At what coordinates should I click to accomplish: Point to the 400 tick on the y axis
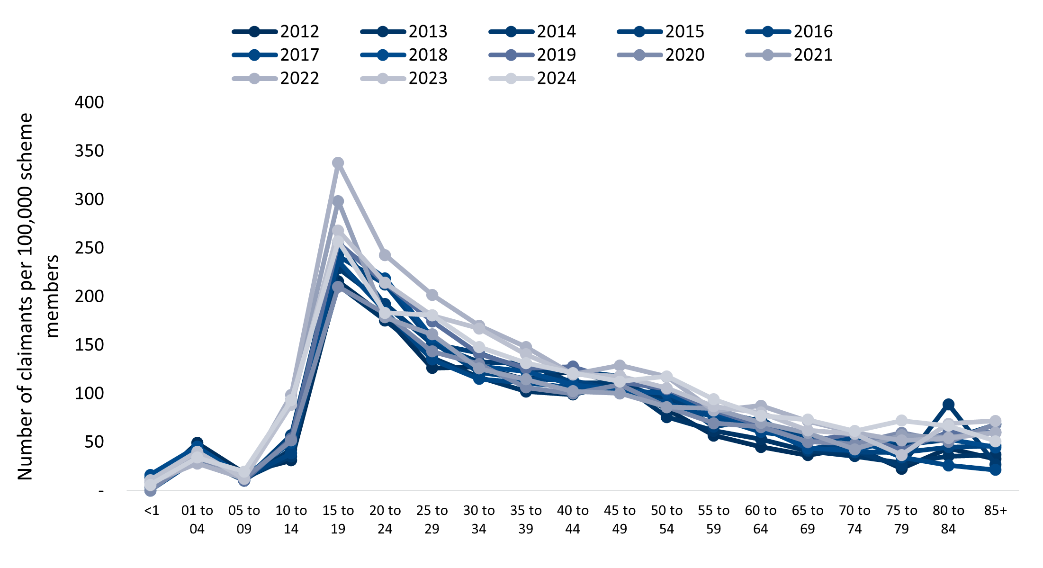[x=89, y=102]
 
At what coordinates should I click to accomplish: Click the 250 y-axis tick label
[x=89, y=248]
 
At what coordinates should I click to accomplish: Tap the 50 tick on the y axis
[x=94, y=442]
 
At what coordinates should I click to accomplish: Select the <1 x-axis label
[x=151, y=511]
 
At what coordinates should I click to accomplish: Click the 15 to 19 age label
[x=338, y=519]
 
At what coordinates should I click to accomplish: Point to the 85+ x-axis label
[x=995, y=511]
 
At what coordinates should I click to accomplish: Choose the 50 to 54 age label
[x=666, y=519]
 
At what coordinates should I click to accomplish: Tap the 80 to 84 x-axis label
[x=948, y=519]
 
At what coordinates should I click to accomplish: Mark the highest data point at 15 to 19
[x=338, y=163]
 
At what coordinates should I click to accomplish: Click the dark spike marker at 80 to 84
[x=948, y=405]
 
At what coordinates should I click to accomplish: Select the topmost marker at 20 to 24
[x=385, y=255]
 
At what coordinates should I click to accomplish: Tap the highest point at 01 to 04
[x=197, y=443]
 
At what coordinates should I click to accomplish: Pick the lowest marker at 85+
[x=995, y=469]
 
